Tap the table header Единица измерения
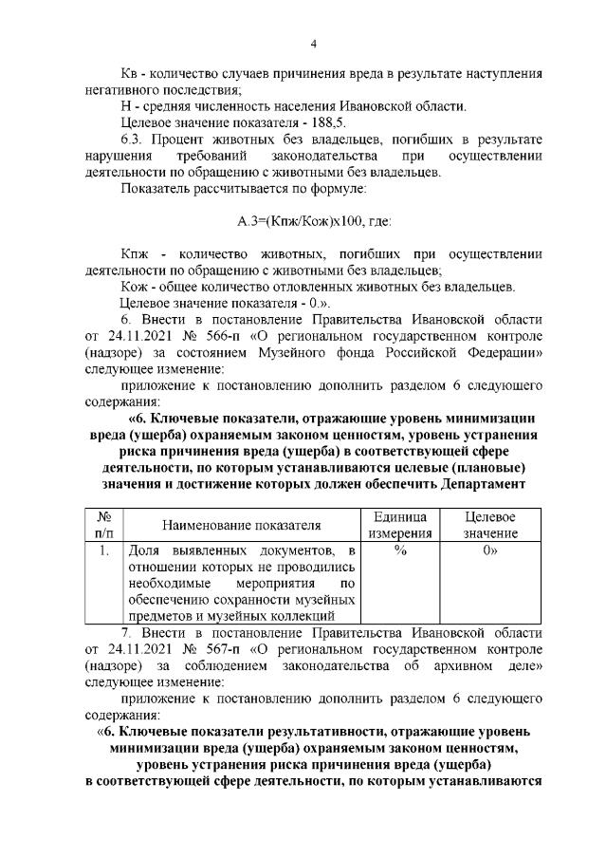(x=399, y=524)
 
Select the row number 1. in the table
(x=105, y=551)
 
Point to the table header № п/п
(x=105, y=524)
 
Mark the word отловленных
(x=322, y=287)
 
